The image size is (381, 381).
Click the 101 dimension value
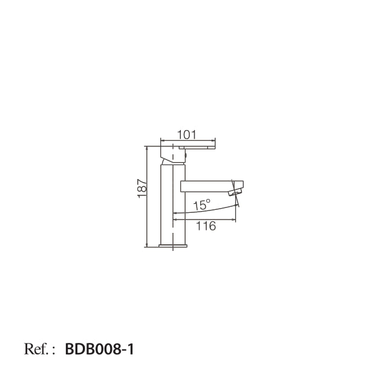[186, 135]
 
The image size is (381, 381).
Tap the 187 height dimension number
[142, 189]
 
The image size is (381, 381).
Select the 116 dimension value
[206, 226]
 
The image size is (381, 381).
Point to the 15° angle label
[201, 205]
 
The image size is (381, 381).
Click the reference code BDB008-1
[99, 350]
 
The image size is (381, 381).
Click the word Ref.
[36, 349]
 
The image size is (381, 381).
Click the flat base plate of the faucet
[173, 246]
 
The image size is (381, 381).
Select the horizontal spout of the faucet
[212, 186]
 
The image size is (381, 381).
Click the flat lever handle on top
[197, 147]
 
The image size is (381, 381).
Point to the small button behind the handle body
[186, 155]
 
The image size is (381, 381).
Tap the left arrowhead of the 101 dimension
[162, 140]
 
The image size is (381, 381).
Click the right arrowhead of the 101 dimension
[213, 140]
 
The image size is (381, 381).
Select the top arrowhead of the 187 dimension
[146, 148]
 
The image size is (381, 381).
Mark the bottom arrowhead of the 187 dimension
[146, 245]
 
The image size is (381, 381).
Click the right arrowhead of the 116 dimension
[234, 220]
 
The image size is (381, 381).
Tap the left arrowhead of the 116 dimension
[175, 220]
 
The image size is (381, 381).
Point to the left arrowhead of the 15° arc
[175, 213]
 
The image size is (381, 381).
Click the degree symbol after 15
[208, 201]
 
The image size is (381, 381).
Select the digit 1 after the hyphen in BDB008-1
[131, 350]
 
